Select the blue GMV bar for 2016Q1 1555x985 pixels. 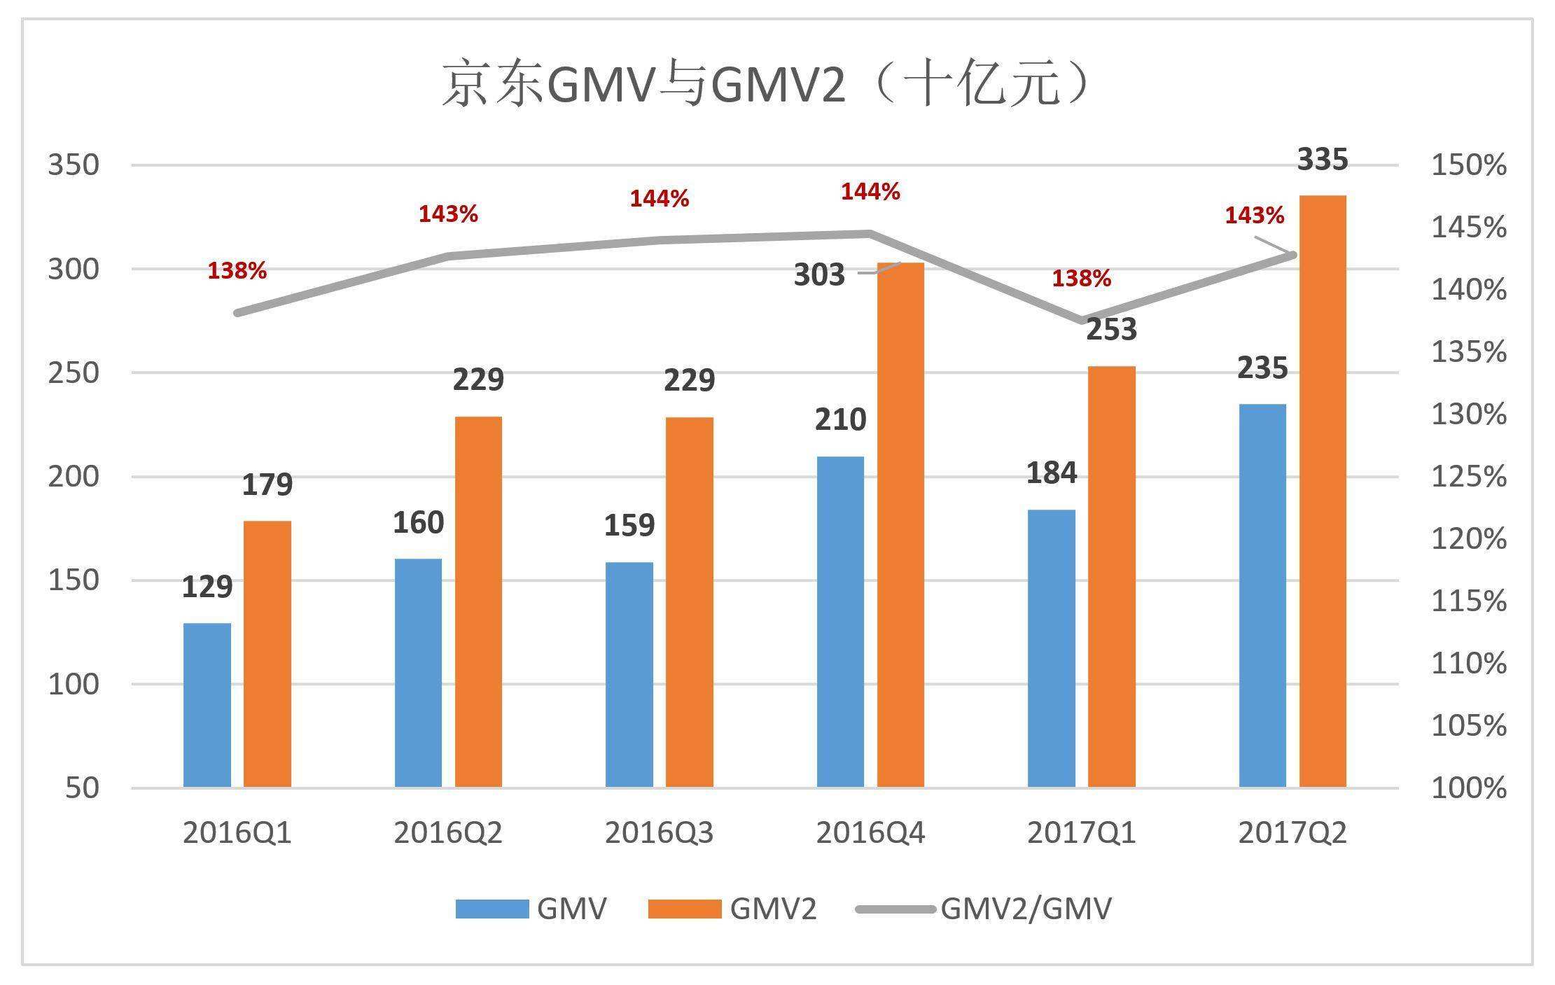click(207, 704)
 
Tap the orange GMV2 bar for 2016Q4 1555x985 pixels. click(900, 525)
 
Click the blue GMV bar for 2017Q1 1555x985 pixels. click(1051, 648)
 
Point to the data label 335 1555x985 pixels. click(1323, 160)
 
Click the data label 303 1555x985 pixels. click(819, 275)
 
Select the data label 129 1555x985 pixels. click(207, 587)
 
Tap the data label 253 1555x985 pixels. click(1111, 329)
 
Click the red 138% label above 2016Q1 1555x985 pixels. click(237, 271)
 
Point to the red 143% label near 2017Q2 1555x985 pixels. click(1254, 216)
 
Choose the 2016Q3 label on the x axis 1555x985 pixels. click(659, 833)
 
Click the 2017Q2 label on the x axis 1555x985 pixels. click(1292, 833)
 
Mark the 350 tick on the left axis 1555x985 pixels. click(74, 165)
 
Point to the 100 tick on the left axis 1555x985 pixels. click(74, 684)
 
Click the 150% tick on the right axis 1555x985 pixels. click(1468, 165)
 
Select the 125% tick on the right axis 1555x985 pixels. click(1468, 477)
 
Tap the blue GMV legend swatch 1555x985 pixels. click(491, 909)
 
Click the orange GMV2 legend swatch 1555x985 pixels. click(684, 909)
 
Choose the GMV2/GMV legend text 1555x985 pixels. click(1026, 909)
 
